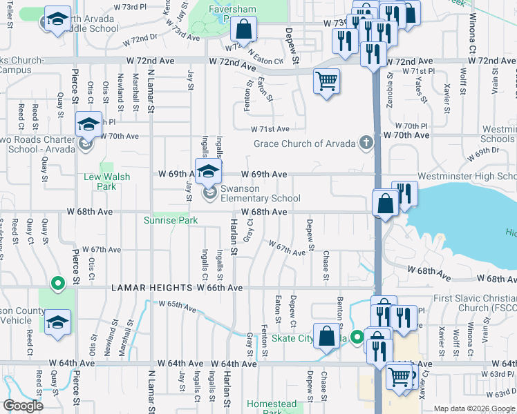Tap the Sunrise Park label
click(171, 221)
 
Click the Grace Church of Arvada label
click(304, 144)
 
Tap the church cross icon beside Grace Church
click(366, 144)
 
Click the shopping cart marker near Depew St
click(326, 81)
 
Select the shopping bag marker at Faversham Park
click(243, 29)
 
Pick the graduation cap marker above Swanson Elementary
click(208, 171)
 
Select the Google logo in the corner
click(23, 406)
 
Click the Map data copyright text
click(475, 408)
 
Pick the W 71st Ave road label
click(270, 129)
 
